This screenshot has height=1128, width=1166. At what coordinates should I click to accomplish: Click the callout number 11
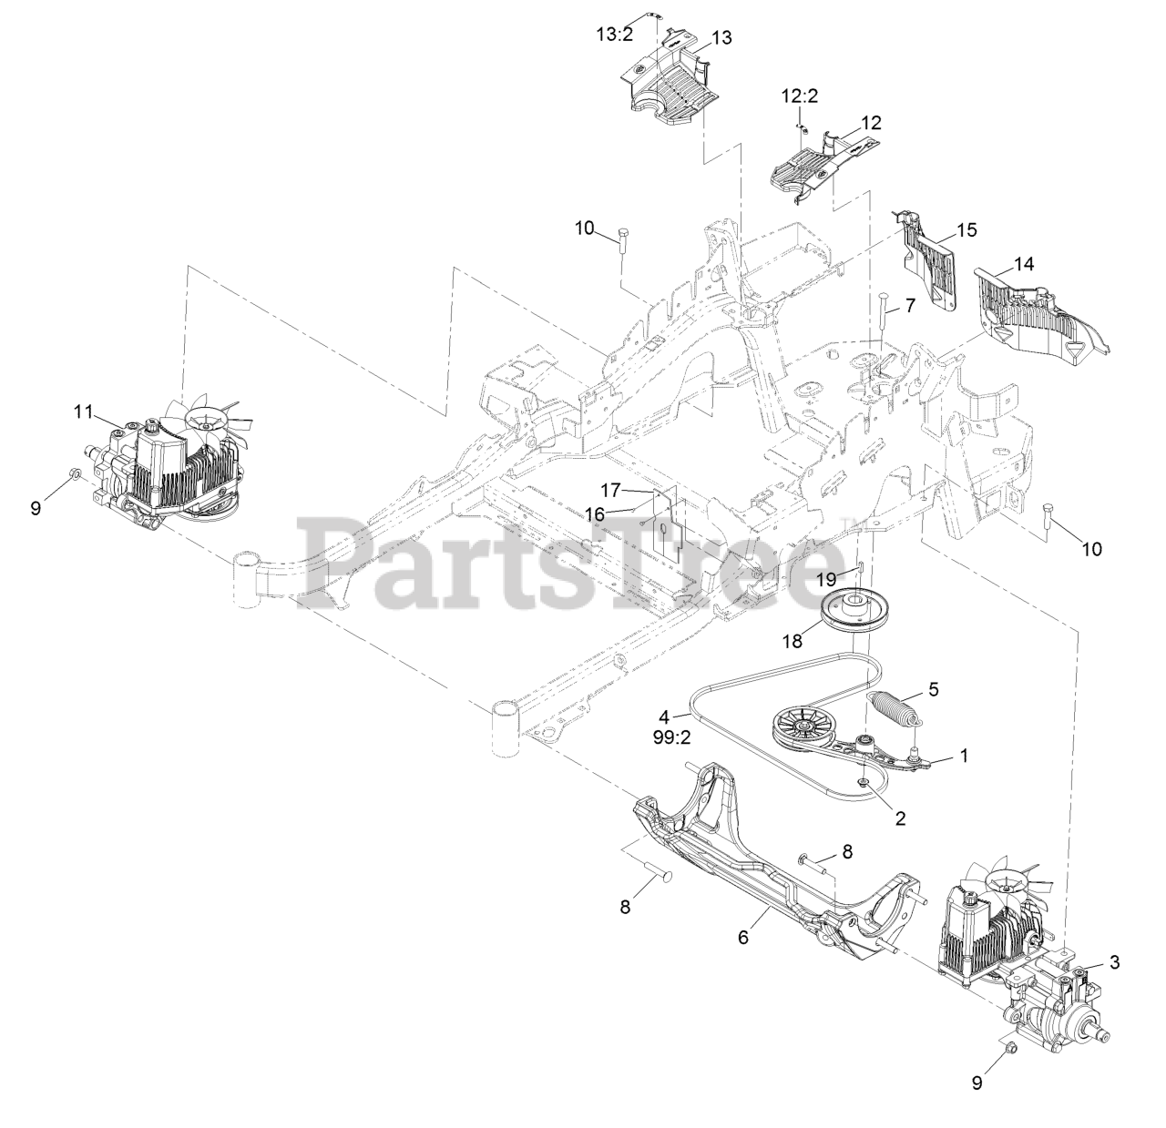(83, 412)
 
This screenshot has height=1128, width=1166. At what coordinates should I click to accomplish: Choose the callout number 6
(742, 937)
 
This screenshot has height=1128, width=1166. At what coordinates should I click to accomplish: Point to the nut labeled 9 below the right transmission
(1011, 1049)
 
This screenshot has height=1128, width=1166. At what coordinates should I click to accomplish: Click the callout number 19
(825, 579)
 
